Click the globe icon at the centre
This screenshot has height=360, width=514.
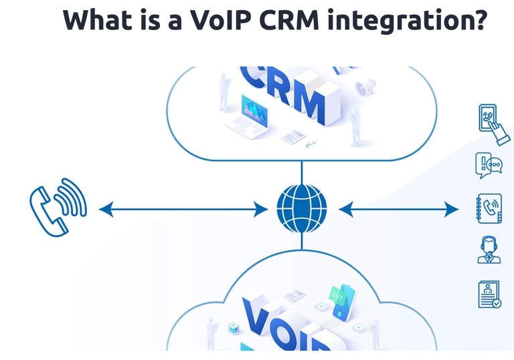point(301,210)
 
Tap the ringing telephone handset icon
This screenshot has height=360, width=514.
point(58,205)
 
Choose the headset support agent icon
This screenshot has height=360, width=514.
point(489,249)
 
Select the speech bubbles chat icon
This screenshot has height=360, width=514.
point(489,165)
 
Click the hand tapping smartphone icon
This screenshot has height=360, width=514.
point(492,123)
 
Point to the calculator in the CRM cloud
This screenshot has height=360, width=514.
point(294,137)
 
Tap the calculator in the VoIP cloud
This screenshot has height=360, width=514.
point(294,295)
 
